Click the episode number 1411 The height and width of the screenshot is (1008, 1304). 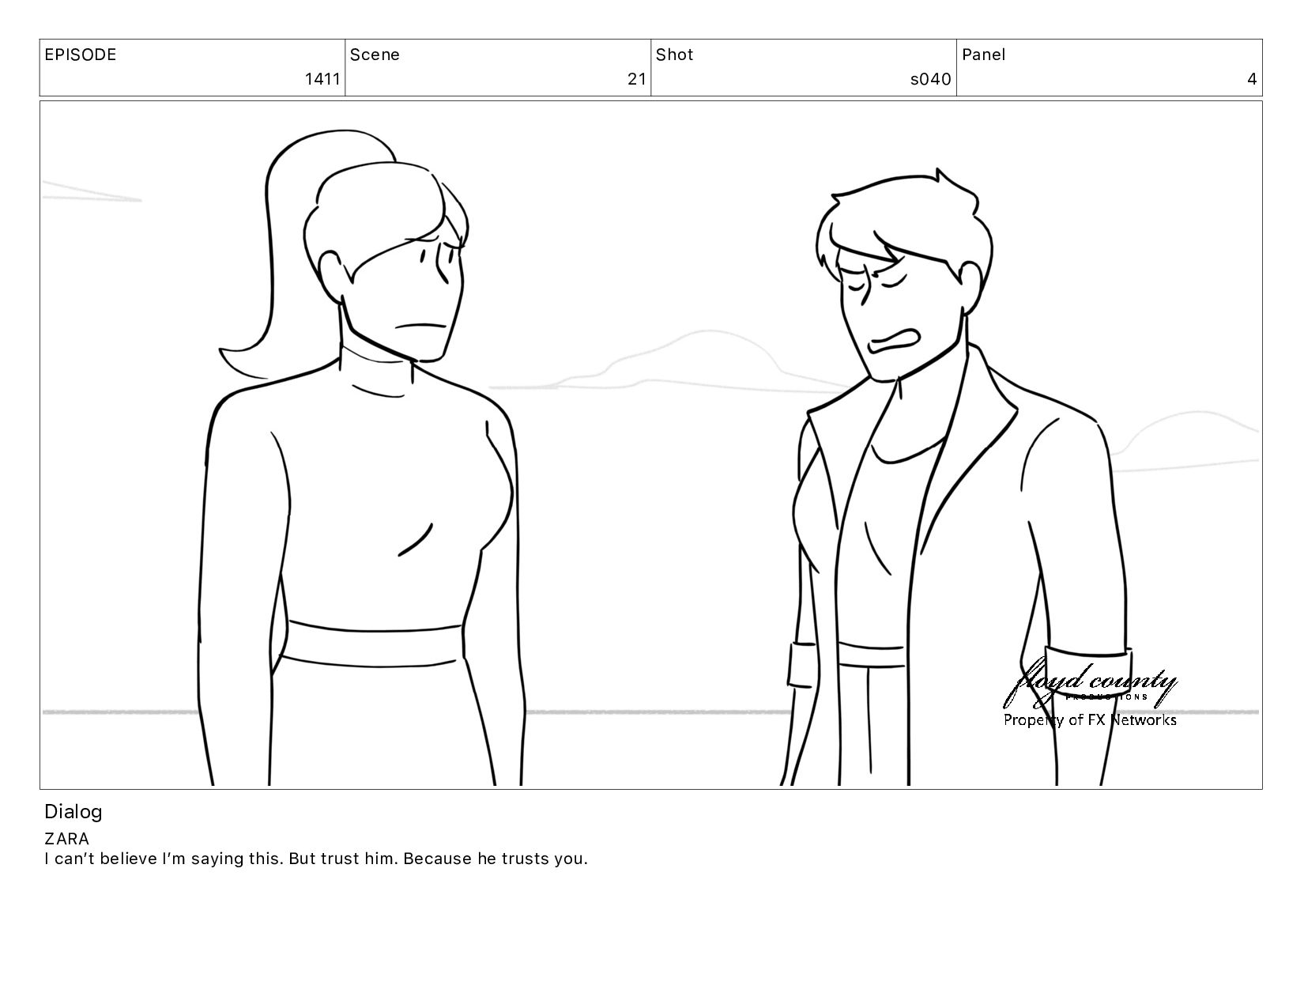[x=322, y=79]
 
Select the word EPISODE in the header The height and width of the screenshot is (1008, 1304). [x=81, y=55]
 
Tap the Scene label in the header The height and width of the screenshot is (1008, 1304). [x=375, y=55]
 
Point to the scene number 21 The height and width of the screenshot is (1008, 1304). [x=637, y=79]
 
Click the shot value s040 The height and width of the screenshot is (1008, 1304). [x=930, y=79]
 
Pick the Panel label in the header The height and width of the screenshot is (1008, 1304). [x=983, y=55]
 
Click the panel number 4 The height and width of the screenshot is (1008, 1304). [x=1252, y=79]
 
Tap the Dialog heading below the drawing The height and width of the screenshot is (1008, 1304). [x=73, y=812]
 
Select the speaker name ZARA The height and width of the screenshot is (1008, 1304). [x=66, y=839]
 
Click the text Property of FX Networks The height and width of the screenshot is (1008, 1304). [x=1090, y=719]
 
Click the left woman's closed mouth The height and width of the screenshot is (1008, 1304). [x=420, y=327]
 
